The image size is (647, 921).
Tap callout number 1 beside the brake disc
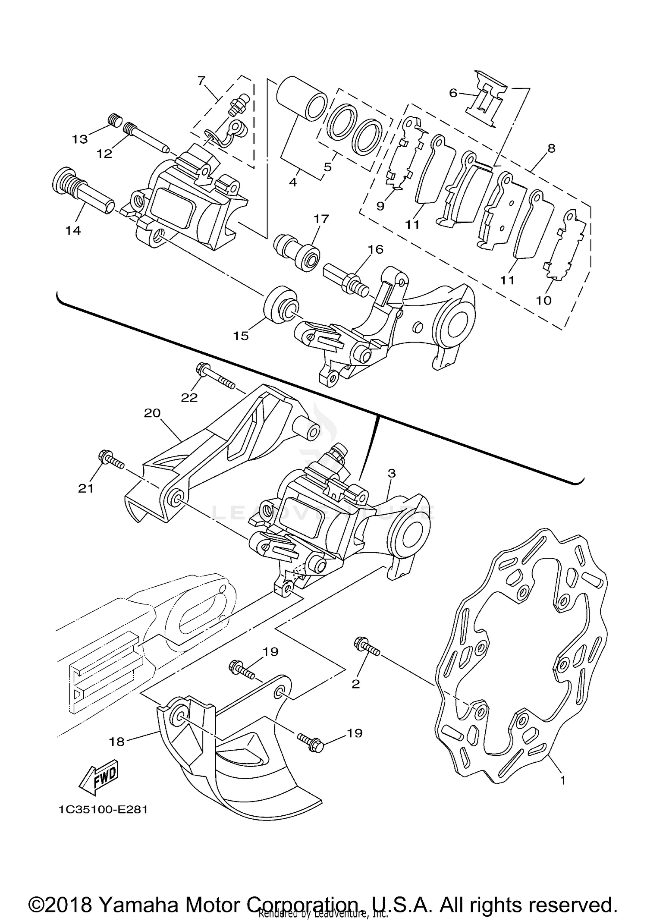pyautogui.click(x=562, y=780)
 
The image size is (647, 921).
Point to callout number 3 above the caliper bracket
pyautogui.click(x=391, y=473)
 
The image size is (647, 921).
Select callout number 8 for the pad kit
pyautogui.click(x=551, y=148)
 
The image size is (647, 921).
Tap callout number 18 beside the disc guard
pyautogui.click(x=117, y=742)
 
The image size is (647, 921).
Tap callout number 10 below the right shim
pyautogui.click(x=544, y=300)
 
